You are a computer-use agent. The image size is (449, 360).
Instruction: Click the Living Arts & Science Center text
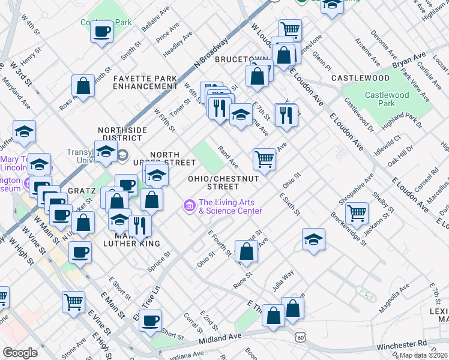tap(230, 206)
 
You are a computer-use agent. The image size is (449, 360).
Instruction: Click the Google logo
tap(20, 353)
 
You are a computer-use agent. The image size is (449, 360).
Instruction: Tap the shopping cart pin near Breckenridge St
tap(357, 212)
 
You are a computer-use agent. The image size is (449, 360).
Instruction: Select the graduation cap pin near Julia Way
tap(313, 239)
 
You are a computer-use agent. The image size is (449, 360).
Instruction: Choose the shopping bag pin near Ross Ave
tap(83, 85)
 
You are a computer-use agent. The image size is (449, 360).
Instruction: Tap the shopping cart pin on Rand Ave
tap(264, 159)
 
